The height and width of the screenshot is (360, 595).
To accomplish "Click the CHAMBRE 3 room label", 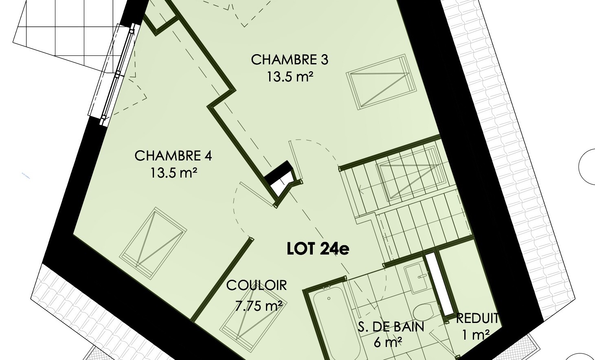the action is [290, 60].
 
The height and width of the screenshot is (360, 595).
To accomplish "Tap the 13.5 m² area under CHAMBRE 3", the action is [290, 77].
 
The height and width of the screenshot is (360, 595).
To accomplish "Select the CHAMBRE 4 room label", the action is [173, 156].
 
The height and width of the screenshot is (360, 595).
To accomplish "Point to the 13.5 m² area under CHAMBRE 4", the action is [174, 173].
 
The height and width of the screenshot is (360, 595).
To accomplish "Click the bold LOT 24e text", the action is [318, 249].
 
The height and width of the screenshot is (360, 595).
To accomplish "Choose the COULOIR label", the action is [257, 285].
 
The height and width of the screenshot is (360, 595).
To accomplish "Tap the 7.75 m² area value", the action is [259, 306].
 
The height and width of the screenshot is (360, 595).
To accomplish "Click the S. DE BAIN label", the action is [391, 327].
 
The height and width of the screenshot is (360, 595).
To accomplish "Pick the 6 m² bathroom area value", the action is [388, 343].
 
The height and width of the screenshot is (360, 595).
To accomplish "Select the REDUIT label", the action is [477, 318].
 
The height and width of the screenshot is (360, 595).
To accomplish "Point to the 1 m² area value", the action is [476, 335].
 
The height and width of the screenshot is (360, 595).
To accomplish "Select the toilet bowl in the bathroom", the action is [424, 313].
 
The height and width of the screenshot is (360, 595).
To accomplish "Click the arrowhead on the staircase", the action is [361, 190].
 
